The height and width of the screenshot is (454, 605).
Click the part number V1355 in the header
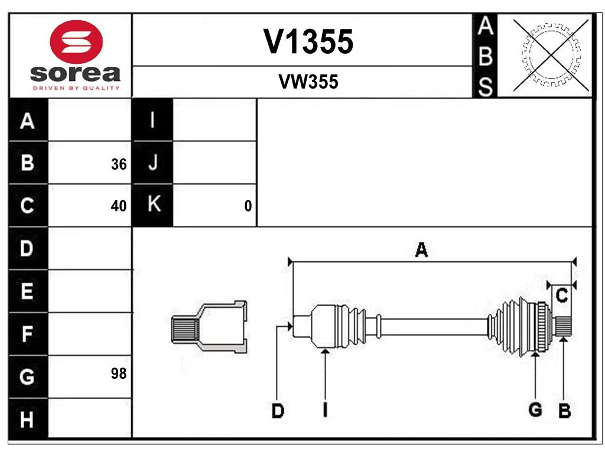pos(308,41)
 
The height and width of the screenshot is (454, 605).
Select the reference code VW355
pos(308,82)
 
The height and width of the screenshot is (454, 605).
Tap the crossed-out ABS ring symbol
pos(551,56)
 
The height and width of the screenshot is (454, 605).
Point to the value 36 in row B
pos(119,164)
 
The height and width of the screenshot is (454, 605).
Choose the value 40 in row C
pos(119,206)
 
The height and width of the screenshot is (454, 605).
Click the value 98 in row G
pos(119,374)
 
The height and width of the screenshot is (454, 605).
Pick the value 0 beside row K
pos(248,206)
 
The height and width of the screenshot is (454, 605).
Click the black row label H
pos(27,420)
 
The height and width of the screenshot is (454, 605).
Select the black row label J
pos(152,163)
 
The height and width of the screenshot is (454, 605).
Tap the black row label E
pos(27,291)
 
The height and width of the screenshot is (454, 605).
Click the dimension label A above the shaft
pos(421,251)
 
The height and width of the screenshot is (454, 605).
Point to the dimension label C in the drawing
pos(562,295)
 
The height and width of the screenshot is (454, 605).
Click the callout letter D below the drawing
pos(277,411)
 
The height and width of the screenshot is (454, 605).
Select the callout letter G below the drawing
pos(535,410)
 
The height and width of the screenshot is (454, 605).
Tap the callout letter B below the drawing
pos(564,411)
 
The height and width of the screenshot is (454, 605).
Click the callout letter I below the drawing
pos(325,410)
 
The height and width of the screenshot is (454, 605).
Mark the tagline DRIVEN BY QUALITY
pos(76,87)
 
